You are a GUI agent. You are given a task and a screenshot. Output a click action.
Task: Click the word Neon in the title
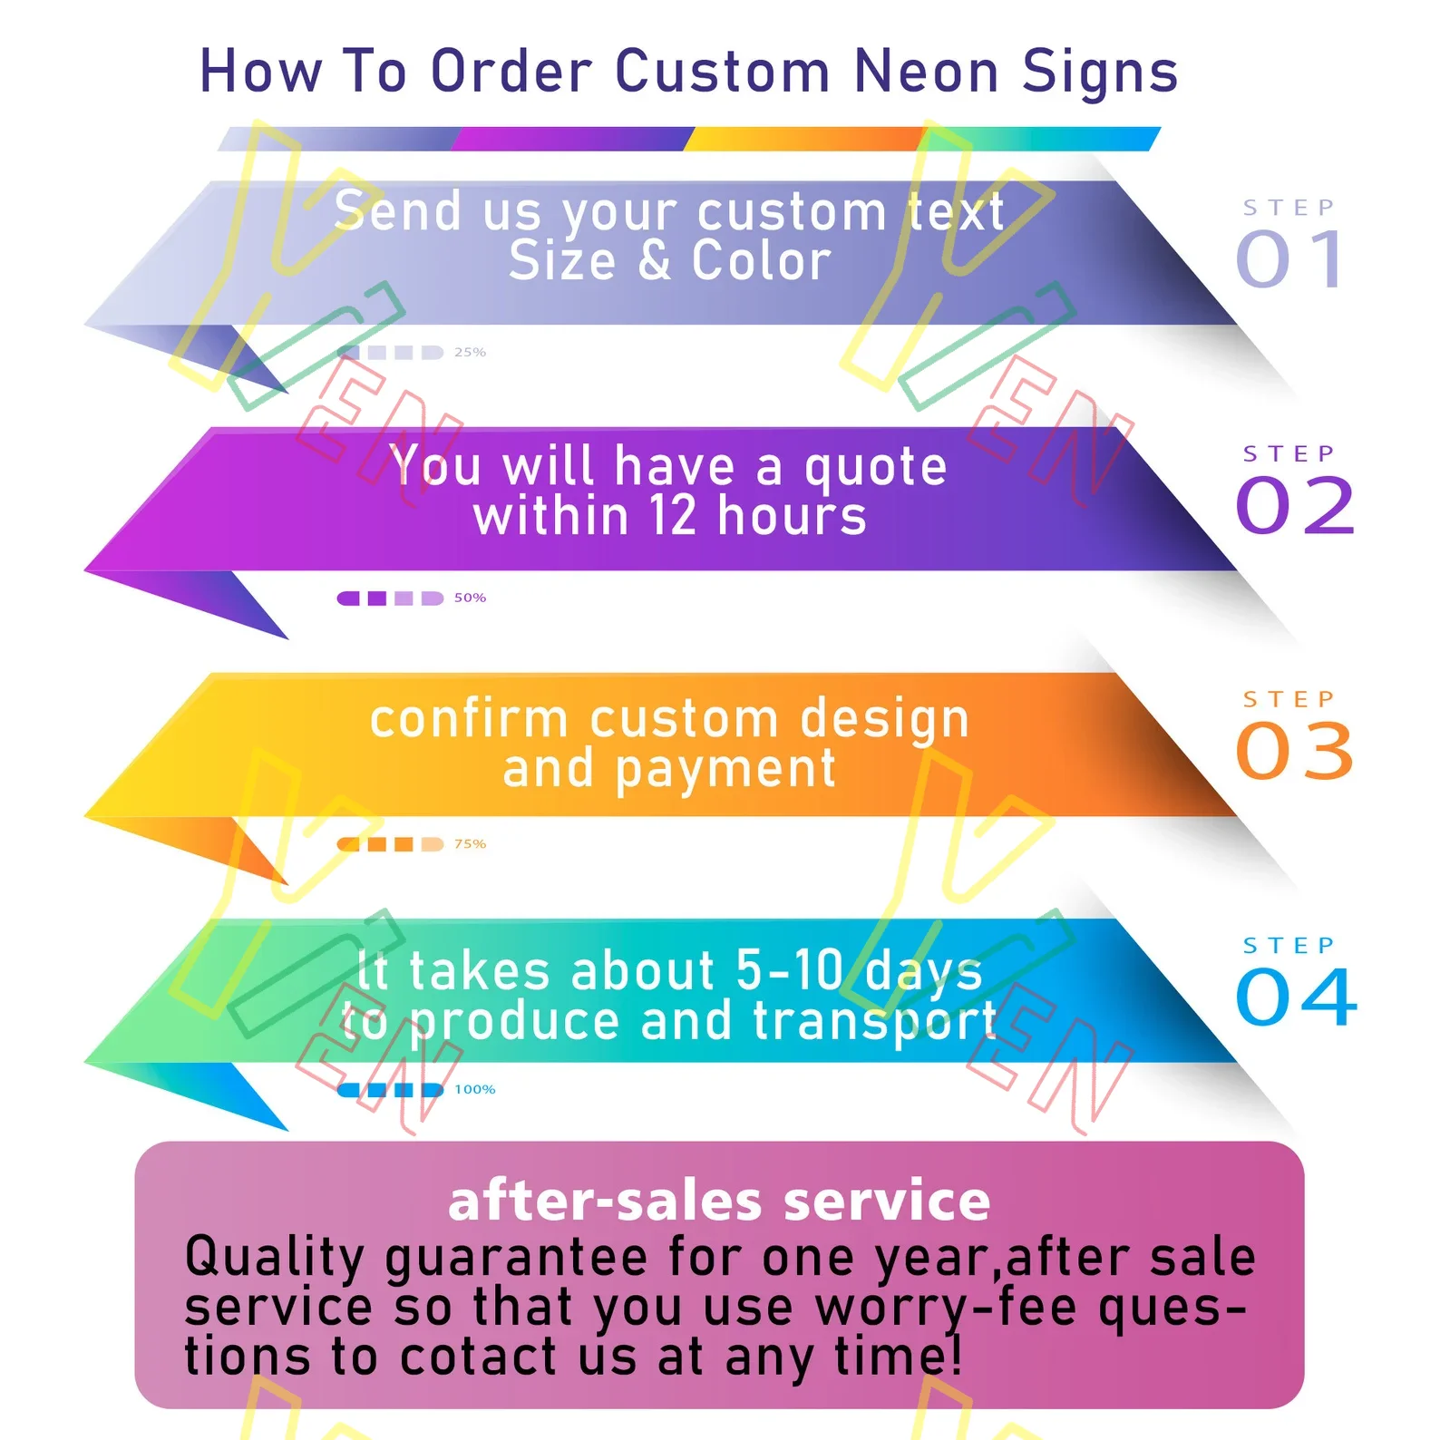click(926, 72)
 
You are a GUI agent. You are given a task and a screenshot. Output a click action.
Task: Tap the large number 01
click(1291, 259)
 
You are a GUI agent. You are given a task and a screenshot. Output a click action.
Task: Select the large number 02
click(1296, 505)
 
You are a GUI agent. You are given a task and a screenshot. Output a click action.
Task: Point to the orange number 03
click(1295, 751)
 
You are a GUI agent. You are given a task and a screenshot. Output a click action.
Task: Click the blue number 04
click(1296, 997)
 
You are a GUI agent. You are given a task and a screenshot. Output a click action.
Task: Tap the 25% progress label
click(470, 352)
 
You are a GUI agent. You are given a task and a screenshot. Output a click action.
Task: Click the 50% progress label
click(470, 598)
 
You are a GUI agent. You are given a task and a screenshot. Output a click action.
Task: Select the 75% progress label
click(470, 843)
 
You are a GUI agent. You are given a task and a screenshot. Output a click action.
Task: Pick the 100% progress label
click(474, 1089)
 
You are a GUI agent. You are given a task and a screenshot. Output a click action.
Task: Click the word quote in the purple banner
click(875, 468)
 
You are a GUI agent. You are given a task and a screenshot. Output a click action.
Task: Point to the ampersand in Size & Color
click(654, 261)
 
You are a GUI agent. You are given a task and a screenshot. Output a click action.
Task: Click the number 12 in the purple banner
click(672, 517)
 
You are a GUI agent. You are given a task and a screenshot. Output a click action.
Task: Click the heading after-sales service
click(719, 1201)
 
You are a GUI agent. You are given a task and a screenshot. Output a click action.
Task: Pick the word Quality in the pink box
click(274, 1259)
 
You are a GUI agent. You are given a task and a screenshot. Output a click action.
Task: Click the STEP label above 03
click(1289, 699)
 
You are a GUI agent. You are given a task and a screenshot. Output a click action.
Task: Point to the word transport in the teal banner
click(875, 1022)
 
